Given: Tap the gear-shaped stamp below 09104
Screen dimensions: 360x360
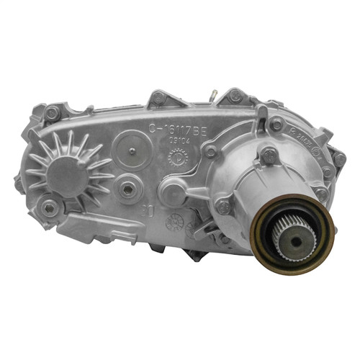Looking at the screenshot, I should click(x=176, y=158).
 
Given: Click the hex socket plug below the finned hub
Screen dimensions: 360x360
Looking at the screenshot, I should click(x=49, y=207).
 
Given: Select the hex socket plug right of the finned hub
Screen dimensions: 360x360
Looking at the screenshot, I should click(x=127, y=188).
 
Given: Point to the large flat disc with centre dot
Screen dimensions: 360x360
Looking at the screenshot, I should click(x=131, y=151).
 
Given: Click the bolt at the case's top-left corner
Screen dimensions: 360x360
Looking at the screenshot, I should click(x=52, y=114).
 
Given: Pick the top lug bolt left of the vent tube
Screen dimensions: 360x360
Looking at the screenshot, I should click(x=157, y=98).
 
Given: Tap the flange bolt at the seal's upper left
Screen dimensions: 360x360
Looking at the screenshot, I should click(x=225, y=207).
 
